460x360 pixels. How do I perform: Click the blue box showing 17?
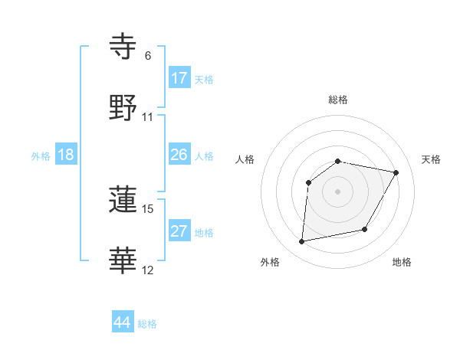tap(179, 77)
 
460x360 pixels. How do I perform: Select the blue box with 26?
tap(179, 155)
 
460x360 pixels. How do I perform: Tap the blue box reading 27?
tap(179, 231)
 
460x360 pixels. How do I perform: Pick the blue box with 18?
tap(66, 155)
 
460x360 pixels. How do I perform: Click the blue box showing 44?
tap(122, 322)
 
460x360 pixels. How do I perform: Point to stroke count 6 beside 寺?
tap(148, 56)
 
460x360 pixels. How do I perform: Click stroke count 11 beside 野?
tap(148, 117)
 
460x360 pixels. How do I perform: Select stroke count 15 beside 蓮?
tap(148, 208)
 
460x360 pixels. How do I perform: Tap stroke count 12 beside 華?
tap(148, 270)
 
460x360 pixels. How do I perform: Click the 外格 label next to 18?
tap(41, 156)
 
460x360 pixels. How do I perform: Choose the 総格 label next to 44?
tap(147, 324)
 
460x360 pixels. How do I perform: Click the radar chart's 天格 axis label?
tap(432, 159)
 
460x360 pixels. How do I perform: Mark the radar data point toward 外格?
tap(302, 242)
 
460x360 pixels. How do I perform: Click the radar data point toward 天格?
tap(396, 173)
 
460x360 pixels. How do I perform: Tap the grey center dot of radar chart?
tap(338, 191)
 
